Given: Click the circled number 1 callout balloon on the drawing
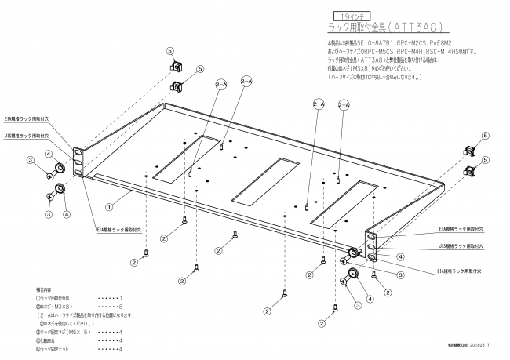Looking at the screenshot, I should point(111,209).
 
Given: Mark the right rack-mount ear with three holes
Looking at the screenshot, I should point(372,245).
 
